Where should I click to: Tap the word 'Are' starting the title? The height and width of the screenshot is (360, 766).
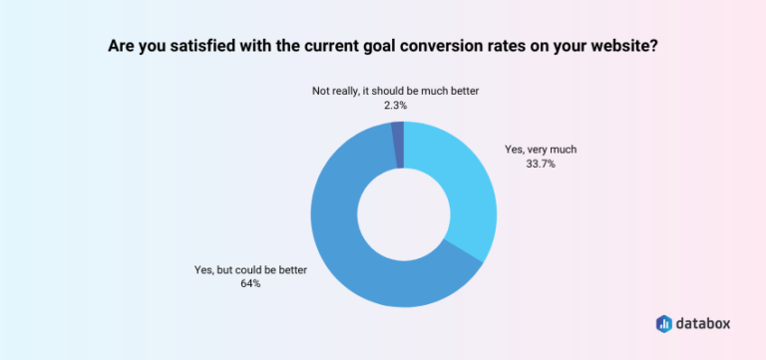click(x=122, y=47)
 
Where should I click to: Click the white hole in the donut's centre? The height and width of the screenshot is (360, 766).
click(x=403, y=214)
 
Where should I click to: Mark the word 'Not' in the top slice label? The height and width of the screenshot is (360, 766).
click(x=322, y=90)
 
